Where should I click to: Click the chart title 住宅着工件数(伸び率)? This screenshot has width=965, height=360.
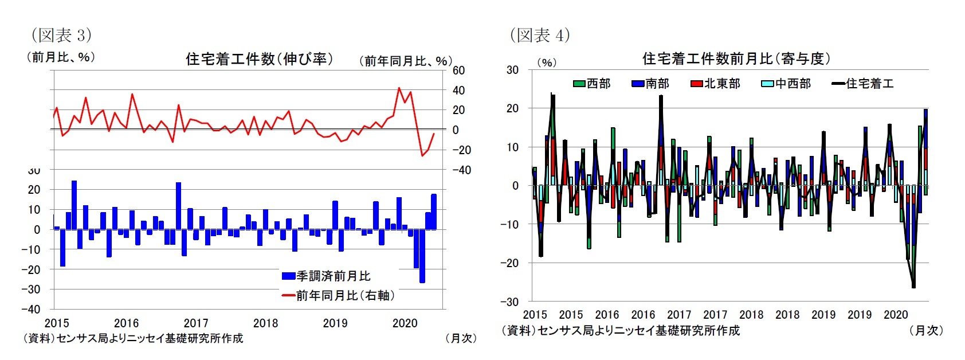[259, 59]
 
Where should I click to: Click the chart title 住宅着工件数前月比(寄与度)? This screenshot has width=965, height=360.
[736, 58]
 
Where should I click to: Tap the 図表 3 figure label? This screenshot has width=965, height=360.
[61, 35]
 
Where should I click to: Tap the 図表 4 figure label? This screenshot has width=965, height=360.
[540, 35]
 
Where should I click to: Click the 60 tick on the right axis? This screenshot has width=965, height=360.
[458, 71]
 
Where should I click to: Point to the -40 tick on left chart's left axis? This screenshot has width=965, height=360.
[31, 309]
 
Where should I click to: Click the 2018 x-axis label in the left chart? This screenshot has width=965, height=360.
[265, 323]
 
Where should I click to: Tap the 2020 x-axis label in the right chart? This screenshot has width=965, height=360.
[896, 314]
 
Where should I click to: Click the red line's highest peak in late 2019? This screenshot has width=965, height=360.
[399, 88]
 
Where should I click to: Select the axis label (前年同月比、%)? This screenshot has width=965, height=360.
[405, 61]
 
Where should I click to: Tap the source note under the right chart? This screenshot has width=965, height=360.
[621, 331]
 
